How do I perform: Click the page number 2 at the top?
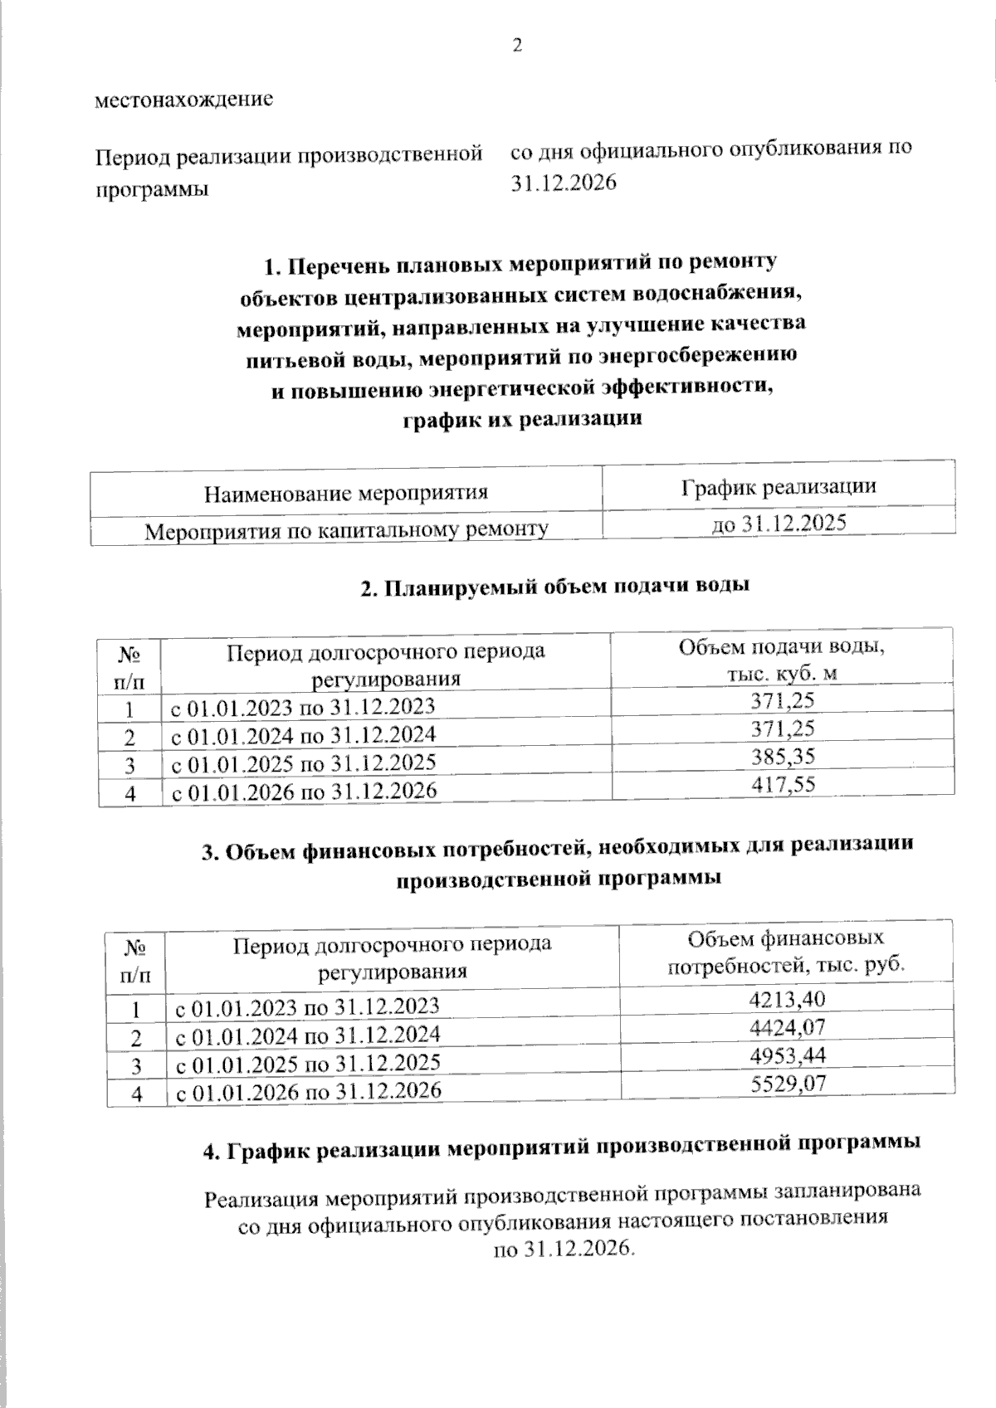tap(518, 46)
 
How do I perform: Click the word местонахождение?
tap(184, 100)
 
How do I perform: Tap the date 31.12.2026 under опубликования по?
tap(564, 183)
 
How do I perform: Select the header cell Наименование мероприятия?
tap(346, 494)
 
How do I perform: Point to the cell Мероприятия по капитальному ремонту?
tap(346, 529)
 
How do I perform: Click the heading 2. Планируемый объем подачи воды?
tap(555, 587)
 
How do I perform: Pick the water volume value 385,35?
tap(782, 756)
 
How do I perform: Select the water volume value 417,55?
tap(782, 783)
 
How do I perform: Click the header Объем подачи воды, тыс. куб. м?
tap(782, 660)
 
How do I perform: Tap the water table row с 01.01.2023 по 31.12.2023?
tap(303, 707)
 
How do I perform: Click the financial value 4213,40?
tap(787, 999)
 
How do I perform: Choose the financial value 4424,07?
tap(787, 1027)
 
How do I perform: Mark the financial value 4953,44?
tap(787, 1055)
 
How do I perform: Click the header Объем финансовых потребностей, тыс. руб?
tap(785, 952)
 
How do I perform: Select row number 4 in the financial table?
tap(136, 1094)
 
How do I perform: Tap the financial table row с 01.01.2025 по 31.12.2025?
tap(308, 1063)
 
